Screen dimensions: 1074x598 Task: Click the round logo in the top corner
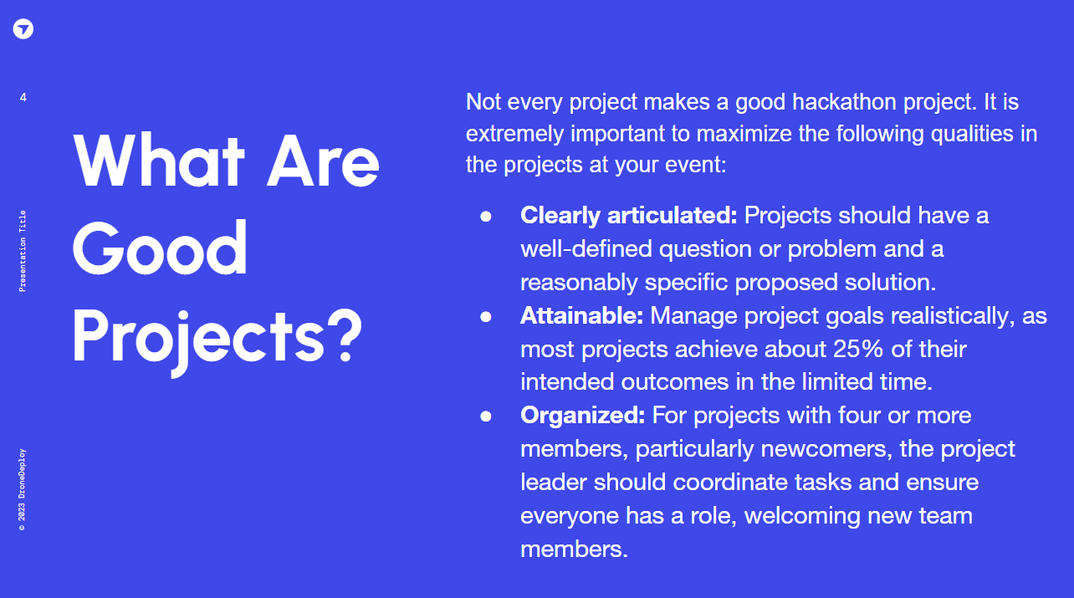(x=23, y=28)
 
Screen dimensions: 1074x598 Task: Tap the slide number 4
(x=23, y=97)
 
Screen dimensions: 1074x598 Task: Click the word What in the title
(x=159, y=161)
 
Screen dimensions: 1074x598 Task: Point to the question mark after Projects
(x=344, y=335)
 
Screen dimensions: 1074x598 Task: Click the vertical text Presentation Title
(x=22, y=251)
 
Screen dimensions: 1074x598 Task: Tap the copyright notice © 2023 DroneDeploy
(x=22, y=489)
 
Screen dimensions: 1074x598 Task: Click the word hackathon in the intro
(x=844, y=102)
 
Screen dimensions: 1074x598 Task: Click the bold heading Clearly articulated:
(x=628, y=215)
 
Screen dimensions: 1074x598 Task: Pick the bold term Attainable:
(x=581, y=315)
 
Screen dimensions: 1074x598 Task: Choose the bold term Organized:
(x=582, y=416)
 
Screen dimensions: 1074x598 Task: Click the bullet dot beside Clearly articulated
(x=486, y=217)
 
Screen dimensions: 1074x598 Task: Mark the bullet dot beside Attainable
(x=486, y=317)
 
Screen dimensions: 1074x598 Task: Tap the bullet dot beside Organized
(x=486, y=417)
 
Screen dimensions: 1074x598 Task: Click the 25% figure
(x=858, y=349)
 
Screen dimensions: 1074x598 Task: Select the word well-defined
(x=586, y=249)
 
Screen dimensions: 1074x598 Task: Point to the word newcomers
(x=826, y=449)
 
